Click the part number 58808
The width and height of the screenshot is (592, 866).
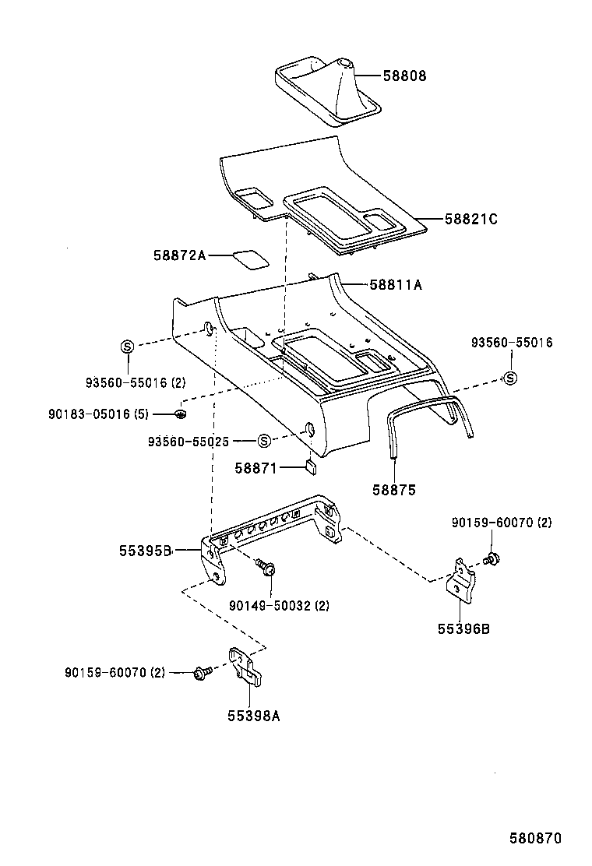404,76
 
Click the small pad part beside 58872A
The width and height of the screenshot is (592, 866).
248,258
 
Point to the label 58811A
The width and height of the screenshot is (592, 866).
396,285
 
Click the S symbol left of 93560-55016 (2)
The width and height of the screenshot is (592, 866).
128,346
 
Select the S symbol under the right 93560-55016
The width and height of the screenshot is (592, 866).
510,378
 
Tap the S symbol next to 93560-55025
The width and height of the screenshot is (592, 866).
263,441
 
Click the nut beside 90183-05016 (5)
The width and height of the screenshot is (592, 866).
181,414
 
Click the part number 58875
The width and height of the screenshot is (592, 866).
393,491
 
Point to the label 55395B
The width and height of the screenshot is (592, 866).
145,551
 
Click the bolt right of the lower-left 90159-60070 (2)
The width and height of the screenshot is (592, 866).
202,671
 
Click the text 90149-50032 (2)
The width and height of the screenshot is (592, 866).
278,605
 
